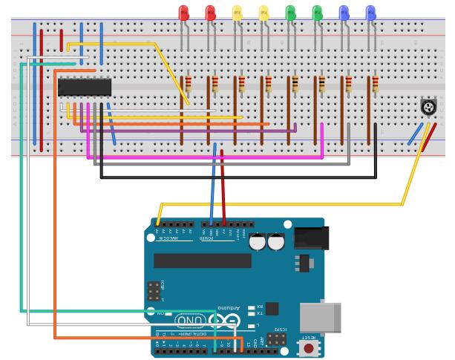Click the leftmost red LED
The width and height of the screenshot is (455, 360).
[x=184, y=12]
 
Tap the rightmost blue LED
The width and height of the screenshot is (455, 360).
[x=370, y=12]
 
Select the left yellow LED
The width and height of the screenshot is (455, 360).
[x=237, y=12]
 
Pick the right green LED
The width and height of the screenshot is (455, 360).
[x=318, y=12]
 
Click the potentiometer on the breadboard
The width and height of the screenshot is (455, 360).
[x=428, y=108]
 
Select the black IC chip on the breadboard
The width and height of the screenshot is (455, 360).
[x=85, y=88]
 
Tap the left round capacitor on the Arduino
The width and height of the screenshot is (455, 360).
[x=258, y=242]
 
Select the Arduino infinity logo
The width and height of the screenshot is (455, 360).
[x=224, y=321]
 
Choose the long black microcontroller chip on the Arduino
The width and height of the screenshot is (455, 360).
[x=202, y=261]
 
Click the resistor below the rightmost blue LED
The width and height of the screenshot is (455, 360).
[x=375, y=84]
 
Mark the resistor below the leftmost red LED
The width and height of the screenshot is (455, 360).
[x=189, y=84]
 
